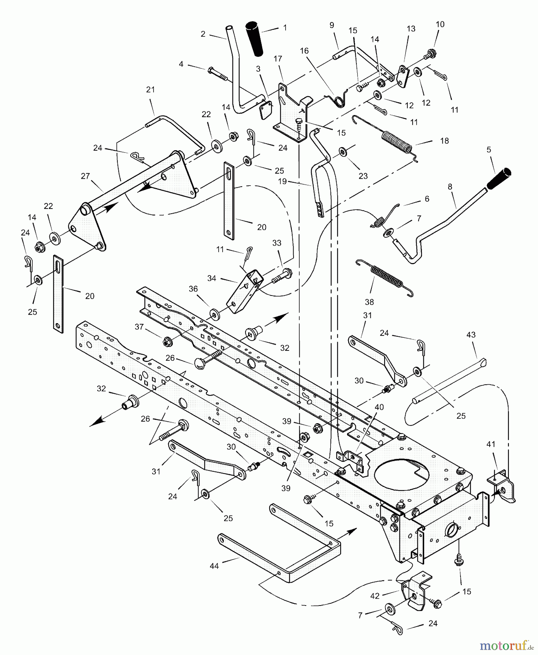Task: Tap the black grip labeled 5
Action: coord(499,179)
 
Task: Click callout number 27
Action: coord(85,176)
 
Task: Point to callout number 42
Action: coord(375,596)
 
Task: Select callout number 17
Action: coord(278,59)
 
